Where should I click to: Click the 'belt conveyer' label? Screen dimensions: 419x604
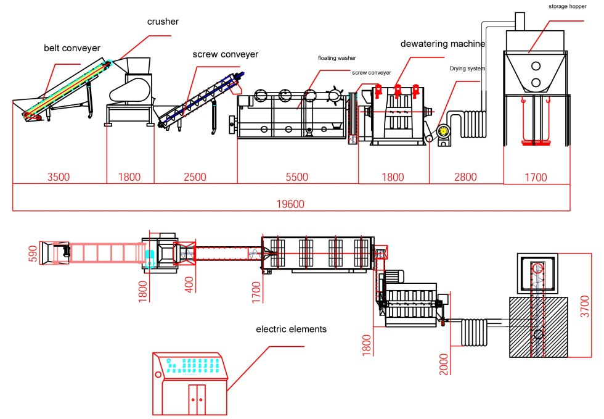pyautogui.click(x=71, y=48)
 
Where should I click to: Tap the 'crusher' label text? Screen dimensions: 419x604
pyautogui.click(x=163, y=22)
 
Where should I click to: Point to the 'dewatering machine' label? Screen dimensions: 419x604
pyautogui.click(x=443, y=44)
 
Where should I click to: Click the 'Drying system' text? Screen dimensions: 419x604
pyautogui.click(x=467, y=68)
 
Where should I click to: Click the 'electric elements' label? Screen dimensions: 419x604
pyautogui.click(x=291, y=330)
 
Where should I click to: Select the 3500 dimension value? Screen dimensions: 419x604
pyautogui.click(x=59, y=177)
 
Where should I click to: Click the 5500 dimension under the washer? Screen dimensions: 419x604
pyautogui.click(x=296, y=177)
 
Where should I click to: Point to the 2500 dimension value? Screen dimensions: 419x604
pyautogui.click(x=195, y=177)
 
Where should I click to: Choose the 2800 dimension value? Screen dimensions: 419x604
pyautogui.click(x=465, y=177)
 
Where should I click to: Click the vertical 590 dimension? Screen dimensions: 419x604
pyautogui.click(x=33, y=254)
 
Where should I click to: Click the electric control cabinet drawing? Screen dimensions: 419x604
pyautogui.click(x=192, y=383)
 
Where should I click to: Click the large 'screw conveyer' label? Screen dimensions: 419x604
pyautogui.click(x=225, y=54)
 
